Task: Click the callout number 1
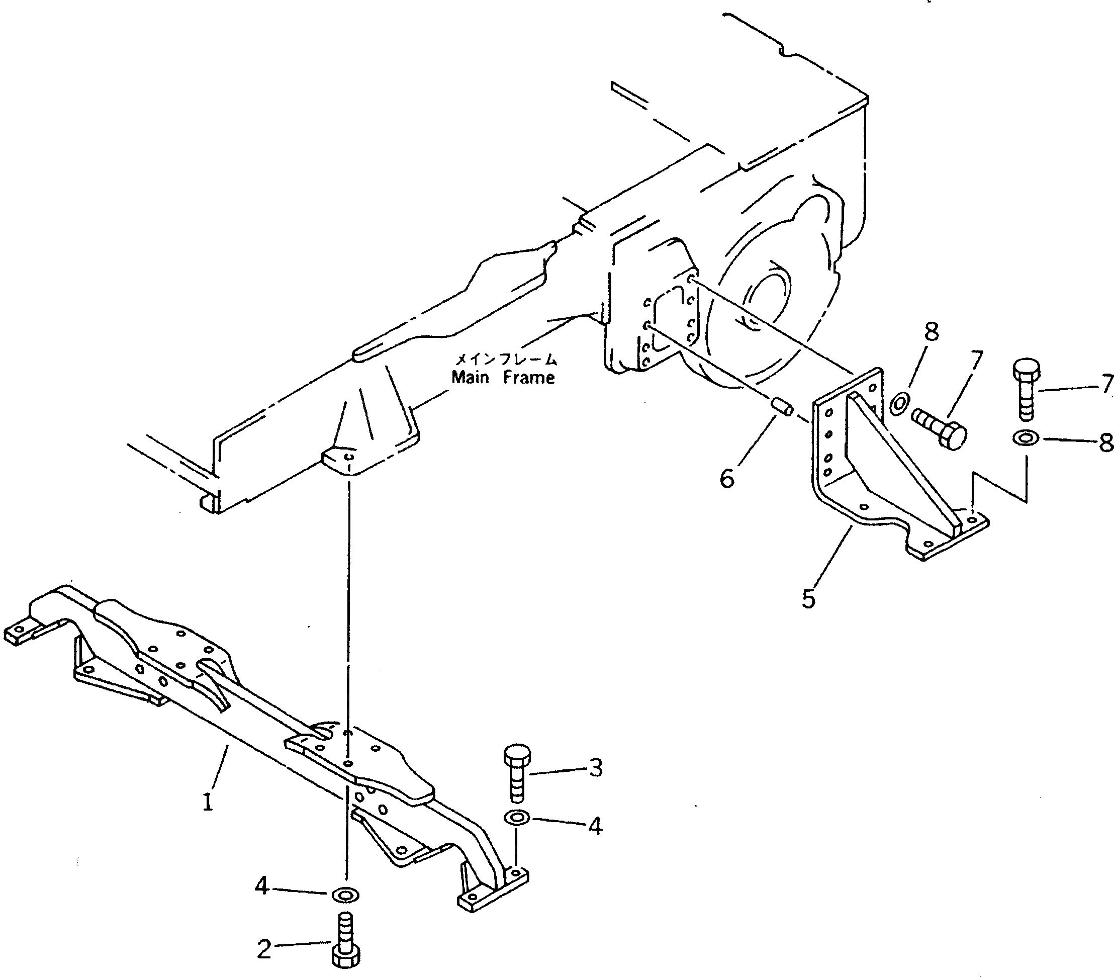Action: coord(208,802)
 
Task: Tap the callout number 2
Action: coord(264,949)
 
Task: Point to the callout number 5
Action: coord(808,598)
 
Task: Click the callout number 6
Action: coord(727,478)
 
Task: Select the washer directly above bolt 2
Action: coord(345,894)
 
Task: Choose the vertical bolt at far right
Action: coord(1026,389)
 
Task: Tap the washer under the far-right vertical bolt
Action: coord(1026,438)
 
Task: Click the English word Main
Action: coord(471,377)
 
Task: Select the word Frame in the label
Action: coord(529,377)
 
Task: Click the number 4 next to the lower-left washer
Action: coord(262,887)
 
